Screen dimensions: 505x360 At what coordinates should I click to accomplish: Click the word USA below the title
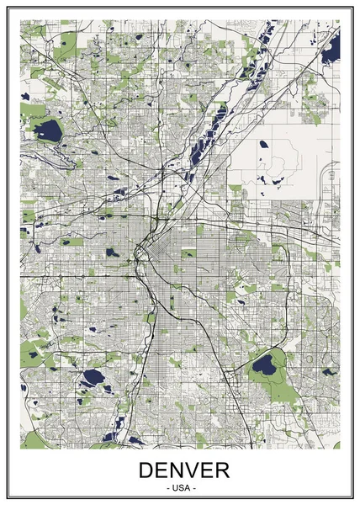tap(180, 488)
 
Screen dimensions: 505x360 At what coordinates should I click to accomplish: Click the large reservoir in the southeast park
tap(265, 365)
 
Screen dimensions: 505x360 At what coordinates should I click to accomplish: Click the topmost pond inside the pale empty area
tap(263, 144)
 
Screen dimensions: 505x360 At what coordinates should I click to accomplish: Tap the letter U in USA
tap(173, 488)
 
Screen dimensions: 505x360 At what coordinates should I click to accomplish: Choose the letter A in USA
tap(187, 488)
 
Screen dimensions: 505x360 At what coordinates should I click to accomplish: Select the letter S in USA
tap(180, 488)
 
